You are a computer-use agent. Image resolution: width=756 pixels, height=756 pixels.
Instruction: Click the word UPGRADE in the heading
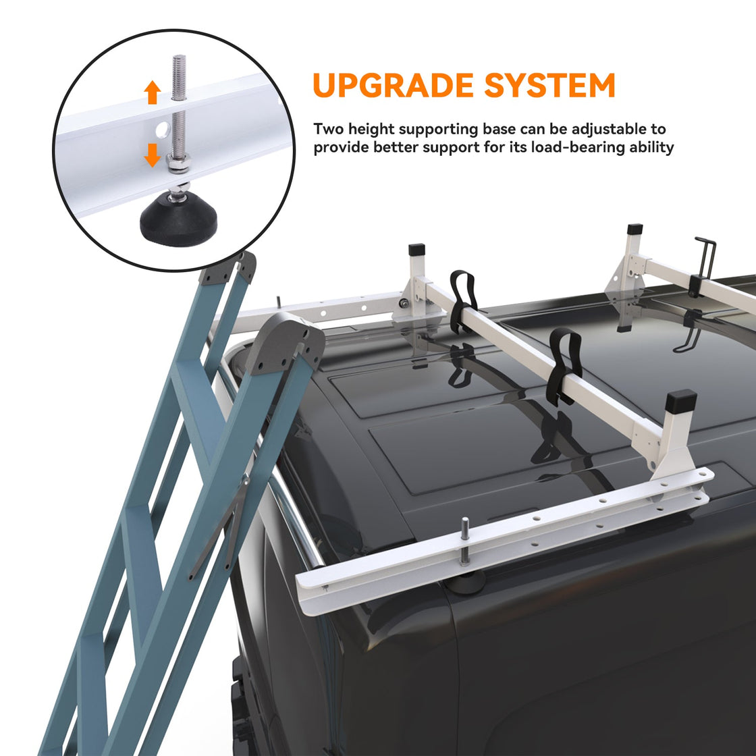tap(393, 85)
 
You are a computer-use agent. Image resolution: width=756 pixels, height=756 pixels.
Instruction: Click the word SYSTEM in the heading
tap(549, 85)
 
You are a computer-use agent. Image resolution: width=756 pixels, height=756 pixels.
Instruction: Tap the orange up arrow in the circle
tap(153, 92)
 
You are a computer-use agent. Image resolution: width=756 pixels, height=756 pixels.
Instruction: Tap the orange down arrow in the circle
tap(153, 155)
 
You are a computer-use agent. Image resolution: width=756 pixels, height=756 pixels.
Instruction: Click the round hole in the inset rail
tap(163, 129)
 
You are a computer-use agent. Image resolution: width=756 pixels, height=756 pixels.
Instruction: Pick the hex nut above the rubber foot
tap(178, 165)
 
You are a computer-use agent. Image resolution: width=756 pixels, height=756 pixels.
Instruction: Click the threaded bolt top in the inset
tap(179, 77)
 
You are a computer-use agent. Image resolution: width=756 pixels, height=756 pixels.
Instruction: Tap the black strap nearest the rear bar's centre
tap(564, 367)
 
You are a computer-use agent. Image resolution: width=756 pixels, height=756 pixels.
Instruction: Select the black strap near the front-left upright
tap(462, 301)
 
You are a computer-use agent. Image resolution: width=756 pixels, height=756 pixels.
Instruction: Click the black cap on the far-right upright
tap(634, 229)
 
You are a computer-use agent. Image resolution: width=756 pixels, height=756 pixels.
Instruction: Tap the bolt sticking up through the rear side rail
tap(464, 541)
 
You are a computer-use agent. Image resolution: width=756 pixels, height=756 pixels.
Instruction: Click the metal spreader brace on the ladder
tap(220, 527)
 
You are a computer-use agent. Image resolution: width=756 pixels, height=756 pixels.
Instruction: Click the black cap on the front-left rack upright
tap(416, 250)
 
